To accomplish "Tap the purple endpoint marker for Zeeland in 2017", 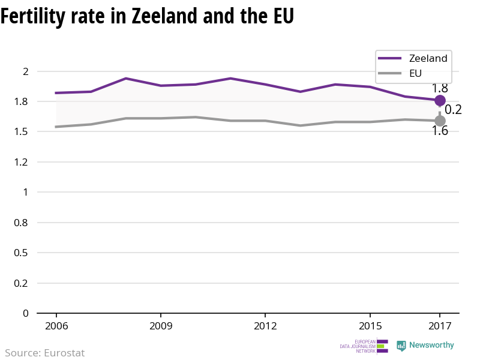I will click(440, 100).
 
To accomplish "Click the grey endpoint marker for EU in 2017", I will click(440, 121).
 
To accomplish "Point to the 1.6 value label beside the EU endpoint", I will click(440, 131).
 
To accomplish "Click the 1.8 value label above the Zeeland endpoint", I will click(440, 88).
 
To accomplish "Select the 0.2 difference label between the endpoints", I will click(453, 110).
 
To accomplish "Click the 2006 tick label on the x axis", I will click(56, 326).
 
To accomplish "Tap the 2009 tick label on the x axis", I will click(161, 326).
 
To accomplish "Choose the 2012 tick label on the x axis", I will click(265, 326).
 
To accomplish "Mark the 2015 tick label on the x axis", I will click(370, 326).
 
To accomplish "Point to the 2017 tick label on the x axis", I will click(440, 326).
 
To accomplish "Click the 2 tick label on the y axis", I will click(25, 71).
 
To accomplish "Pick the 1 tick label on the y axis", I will click(25, 192).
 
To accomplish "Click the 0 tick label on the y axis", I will click(25, 313).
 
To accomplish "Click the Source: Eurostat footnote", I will click(45, 353).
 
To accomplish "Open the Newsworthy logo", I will click(425, 346).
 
